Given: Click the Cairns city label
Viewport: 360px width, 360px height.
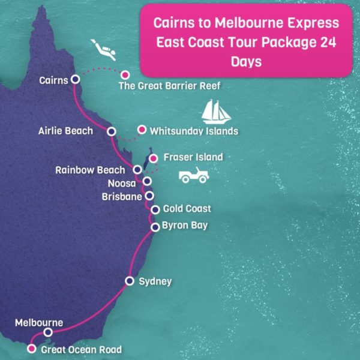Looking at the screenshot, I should [x=53, y=80].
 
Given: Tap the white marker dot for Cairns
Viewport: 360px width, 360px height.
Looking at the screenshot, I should [x=75, y=79].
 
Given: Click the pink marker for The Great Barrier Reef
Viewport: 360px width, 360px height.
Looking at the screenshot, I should [x=125, y=75].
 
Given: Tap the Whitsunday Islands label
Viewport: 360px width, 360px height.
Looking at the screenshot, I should [x=194, y=131].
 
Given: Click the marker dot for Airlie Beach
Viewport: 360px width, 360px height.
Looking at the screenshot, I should [x=111, y=131].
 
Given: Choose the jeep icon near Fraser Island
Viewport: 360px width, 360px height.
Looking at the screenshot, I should [x=194, y=176].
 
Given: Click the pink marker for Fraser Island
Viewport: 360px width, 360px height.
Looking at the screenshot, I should [x=154, y=158].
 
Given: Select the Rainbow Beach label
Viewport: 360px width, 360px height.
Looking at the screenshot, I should [x=91, y=170].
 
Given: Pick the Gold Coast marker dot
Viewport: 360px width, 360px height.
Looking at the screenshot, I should [x=155, y=209].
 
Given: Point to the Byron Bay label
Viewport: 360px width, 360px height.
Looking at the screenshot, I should [x=185, y=227].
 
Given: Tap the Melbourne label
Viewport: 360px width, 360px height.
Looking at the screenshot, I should [x=39, y=323].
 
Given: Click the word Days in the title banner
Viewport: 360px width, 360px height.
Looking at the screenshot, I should [x=246, y=62].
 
